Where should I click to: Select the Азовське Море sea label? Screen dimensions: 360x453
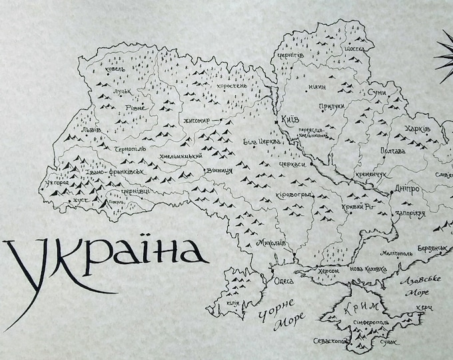click(419, 286)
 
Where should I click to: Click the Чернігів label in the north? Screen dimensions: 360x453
click(291, 57)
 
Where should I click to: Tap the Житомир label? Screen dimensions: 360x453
click(195, 121)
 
